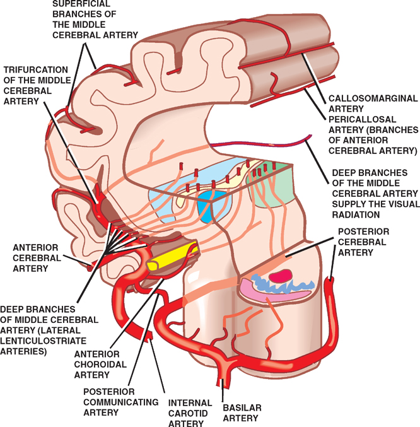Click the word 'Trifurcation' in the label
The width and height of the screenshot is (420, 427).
32,69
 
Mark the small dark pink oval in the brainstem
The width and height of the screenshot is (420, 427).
283,275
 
